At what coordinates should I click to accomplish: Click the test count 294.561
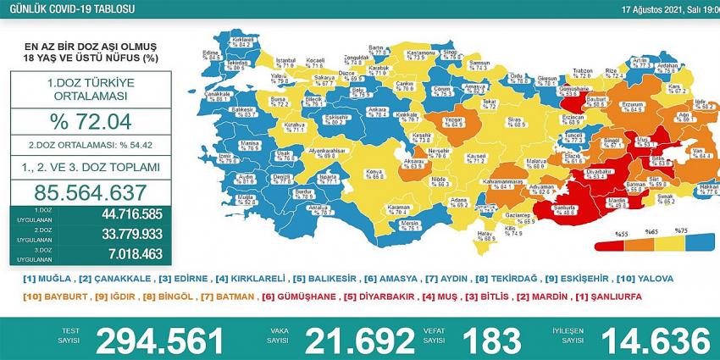point(161,341)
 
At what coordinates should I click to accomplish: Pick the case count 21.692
point(359,341)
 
